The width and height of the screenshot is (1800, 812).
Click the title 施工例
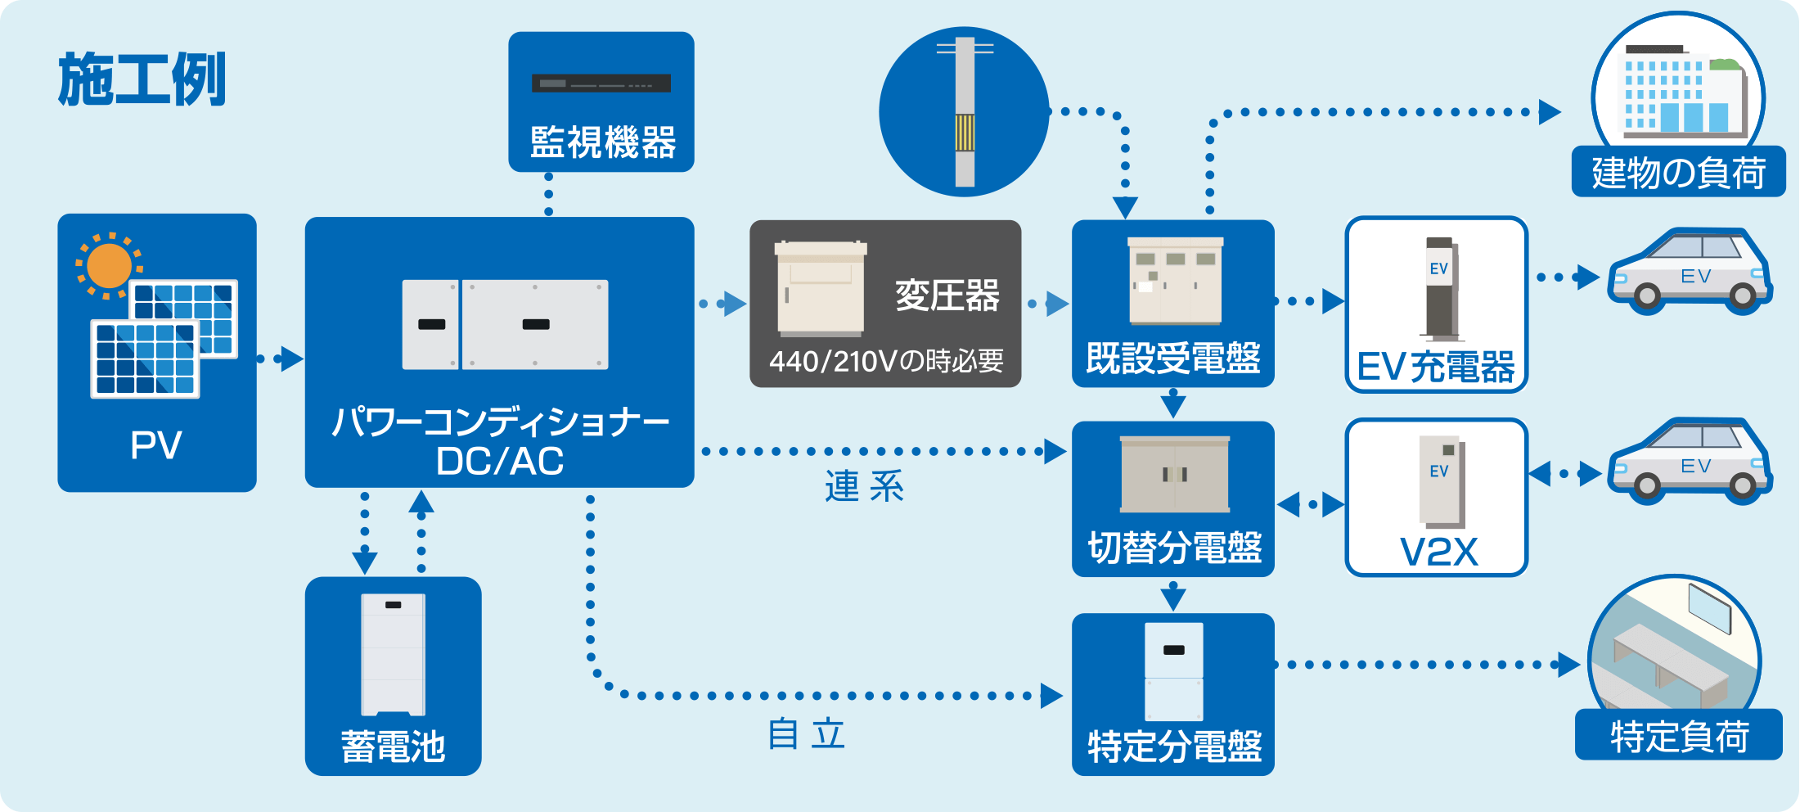click(142, 79)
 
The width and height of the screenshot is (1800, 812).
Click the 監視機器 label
click(602, 142)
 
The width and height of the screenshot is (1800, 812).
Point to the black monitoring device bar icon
click(601, 83)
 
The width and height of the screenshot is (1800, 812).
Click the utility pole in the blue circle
click(965, 112)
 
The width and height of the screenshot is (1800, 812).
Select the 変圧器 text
click(947, 295)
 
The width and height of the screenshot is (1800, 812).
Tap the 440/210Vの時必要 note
click(886, 361)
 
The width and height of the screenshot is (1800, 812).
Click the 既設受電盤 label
click(1172, 359)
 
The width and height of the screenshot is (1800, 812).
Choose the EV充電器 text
click(1436, 368)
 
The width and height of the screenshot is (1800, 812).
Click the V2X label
click(1438, 553)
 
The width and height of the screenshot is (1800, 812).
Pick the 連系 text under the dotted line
click(864, 487)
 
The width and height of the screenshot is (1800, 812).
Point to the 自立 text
click(806, 734)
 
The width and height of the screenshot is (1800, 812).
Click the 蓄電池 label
click(393, 747)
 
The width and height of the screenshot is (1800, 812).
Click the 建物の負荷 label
click(1678, 174)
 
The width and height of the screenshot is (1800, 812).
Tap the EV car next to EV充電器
click(1689, 272)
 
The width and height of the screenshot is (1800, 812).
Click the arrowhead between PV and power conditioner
click(291, 359)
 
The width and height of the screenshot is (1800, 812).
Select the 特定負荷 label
click(1679, 737)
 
